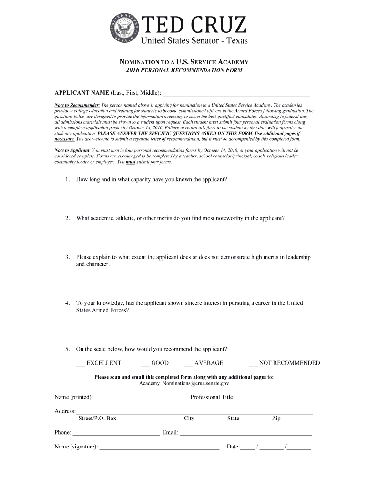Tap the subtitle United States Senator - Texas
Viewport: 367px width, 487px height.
(x=194, y=41)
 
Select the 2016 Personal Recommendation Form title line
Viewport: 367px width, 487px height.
(x=184, y=70)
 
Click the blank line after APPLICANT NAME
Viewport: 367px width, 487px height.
(x=236, y=94)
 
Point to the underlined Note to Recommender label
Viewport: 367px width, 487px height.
(x=77, y=105)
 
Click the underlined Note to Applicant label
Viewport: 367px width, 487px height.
(x=71, y=150)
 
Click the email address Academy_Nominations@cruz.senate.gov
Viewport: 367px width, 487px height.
(x=184, y=383)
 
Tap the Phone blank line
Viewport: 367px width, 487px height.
(x=116, y=434)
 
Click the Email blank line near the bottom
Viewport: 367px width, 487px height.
(x=245, y=434)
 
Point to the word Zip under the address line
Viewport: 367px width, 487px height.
(x=276, y=419)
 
